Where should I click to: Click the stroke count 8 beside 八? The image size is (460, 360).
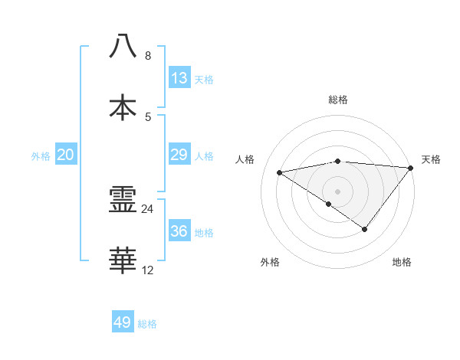(x=148, y=56)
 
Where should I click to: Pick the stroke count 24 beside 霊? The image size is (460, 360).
(x=148, y=209)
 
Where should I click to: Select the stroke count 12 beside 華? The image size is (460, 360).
(x=148, y=270)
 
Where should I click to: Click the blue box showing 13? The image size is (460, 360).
(x=179, y=78)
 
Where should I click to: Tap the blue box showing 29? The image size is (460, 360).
(x=179, y=155)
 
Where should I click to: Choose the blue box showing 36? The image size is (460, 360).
(x=179, y=231)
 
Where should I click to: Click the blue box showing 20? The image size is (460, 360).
(x=65, y=155)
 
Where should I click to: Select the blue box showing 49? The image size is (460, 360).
(x=123, y=322)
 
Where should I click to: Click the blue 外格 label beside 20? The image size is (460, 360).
(x=41, y=156)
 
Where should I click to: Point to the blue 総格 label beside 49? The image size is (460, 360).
(x=147, y=324)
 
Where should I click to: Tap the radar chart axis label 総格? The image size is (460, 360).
(x=338, y=100)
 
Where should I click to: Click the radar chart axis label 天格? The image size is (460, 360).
(x=431, y=159)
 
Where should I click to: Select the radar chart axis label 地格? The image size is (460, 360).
(x=402, y=262)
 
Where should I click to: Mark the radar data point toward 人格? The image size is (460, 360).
(x=280, y=172)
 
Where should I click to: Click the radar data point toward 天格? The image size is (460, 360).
(x=411, y=167)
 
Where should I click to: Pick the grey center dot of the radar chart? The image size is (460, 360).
(x=338, y=191)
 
